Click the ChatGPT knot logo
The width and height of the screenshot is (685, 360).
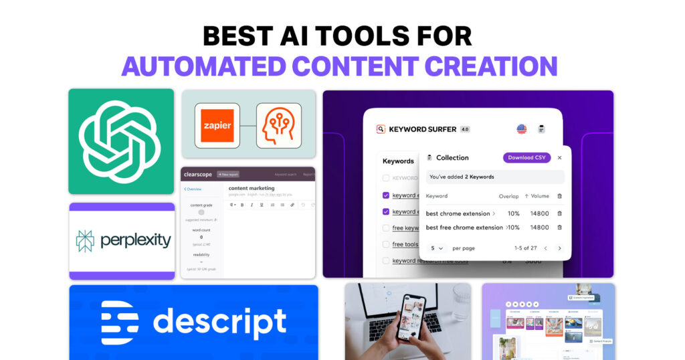[x=121, y=141]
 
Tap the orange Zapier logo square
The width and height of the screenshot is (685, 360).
[x=217, y=125]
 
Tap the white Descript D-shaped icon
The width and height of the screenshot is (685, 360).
[x=119, y=323]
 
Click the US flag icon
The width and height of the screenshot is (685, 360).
[x=522, y=128]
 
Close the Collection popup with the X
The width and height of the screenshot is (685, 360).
[x=559, y=158]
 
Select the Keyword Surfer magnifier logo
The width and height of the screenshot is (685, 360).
[x=381, y=129]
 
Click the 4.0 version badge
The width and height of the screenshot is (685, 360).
[x=464, y=129]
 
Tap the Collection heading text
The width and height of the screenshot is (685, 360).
[x=452, y=158]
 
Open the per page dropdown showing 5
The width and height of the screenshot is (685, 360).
[x=437, y=248]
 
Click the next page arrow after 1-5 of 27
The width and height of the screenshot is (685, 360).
[x=560, y=248]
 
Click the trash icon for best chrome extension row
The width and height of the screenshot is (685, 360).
[x=559, y=213]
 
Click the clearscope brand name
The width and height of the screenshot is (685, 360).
[x=197, y=175]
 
